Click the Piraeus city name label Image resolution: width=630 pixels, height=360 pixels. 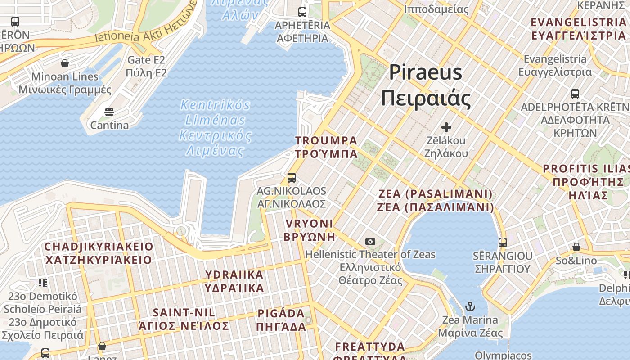(425, 85)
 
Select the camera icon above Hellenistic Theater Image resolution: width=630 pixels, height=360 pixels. (370, 242)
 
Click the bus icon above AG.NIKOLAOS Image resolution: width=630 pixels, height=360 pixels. (292, 178)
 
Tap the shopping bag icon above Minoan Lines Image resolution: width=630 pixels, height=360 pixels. (65, 63)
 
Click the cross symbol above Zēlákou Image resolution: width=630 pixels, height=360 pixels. (446, 127)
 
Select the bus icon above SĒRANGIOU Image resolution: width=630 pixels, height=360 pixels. (503, 243)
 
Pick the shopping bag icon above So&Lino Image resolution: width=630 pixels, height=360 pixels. (576, 247)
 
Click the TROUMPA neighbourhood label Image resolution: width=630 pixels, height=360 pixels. (326, 147)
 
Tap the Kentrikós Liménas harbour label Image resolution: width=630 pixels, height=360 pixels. (216, 128)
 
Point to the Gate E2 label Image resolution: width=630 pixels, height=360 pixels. (146, 66)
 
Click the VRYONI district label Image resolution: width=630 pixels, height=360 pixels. (309, 230)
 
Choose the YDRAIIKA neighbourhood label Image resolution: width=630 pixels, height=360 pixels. (234, 281)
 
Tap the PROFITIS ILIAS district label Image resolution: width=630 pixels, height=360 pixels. (587, 182)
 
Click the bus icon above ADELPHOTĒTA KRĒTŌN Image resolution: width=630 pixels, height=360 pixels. (575, 94)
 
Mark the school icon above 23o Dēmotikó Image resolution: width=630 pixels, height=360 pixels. (43, 283)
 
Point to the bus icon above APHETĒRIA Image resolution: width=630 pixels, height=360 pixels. (302, 12)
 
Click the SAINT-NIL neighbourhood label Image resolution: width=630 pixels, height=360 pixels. (184, 319)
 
